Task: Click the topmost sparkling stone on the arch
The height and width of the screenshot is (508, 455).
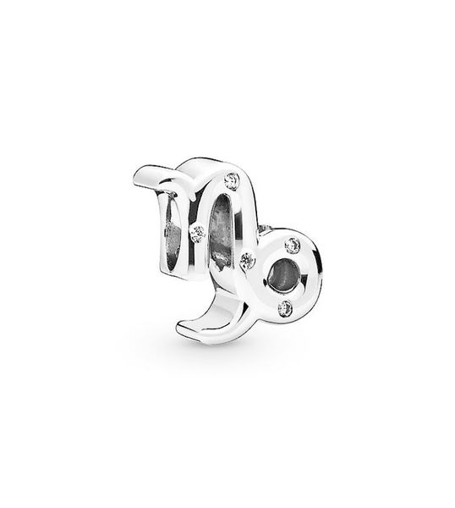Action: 233,179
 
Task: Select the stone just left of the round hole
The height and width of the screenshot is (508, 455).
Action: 248,260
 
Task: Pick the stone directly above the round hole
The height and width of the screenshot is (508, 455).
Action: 293,245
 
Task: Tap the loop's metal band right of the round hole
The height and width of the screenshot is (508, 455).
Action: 310,275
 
